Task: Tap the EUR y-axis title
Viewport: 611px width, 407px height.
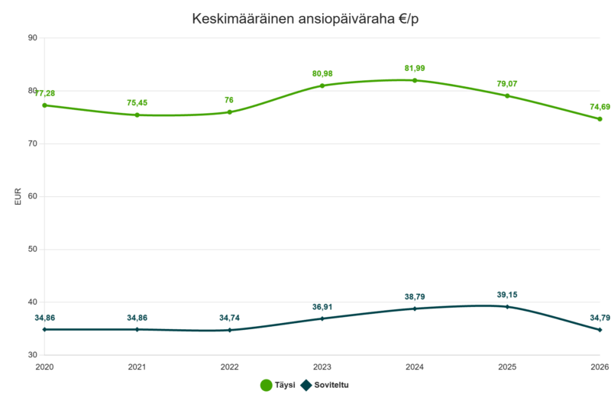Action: click(x=18, y=197)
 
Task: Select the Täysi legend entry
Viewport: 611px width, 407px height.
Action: click(x=278, y=385)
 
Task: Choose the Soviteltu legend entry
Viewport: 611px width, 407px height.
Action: click(x=325, y=385)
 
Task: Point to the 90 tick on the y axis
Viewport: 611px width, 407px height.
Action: click(x=33, y=37)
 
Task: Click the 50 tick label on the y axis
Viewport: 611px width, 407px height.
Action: click(x=33, y=249)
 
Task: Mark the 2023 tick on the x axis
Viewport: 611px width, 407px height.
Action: click(x=322, y=367)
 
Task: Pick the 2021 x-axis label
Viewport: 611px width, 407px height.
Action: click(x=137, y=367)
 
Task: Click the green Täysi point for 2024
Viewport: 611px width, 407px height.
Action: click(x=415, y=81)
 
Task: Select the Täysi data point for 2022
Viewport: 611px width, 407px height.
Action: click(x=230, y=112)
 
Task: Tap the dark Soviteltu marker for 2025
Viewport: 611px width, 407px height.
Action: click(x=507, y=307)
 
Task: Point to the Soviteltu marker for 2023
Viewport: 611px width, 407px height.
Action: click(x=322, y=318)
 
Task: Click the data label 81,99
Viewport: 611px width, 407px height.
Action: click(x=415, y=69)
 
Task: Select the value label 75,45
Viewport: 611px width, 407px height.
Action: click(x=137, y=103)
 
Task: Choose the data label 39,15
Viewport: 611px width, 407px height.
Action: click(x=507, y=295)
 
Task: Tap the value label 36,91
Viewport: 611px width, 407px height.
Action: click(x=322, y=307)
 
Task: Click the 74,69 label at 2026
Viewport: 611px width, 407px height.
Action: click(x=600, y=107)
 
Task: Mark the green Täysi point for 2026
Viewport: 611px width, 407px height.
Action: click(x=600, y=119)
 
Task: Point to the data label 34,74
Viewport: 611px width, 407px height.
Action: click(x=230, y=318)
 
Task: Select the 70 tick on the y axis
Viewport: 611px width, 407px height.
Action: click(x=33, y=144)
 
